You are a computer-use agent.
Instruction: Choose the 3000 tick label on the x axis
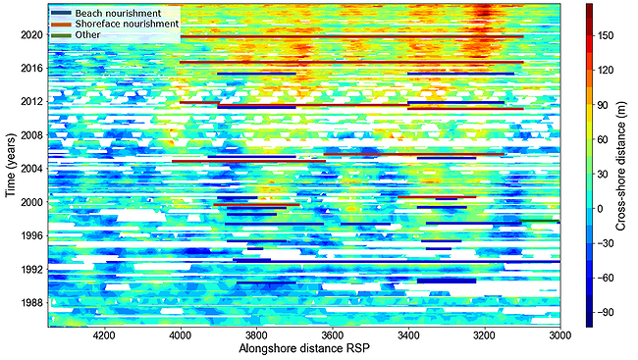point(558,335)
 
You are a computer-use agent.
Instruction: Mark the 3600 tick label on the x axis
point(332,335)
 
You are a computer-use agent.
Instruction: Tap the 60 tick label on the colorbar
point(607,139)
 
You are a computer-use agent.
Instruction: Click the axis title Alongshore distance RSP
point(303,349)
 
